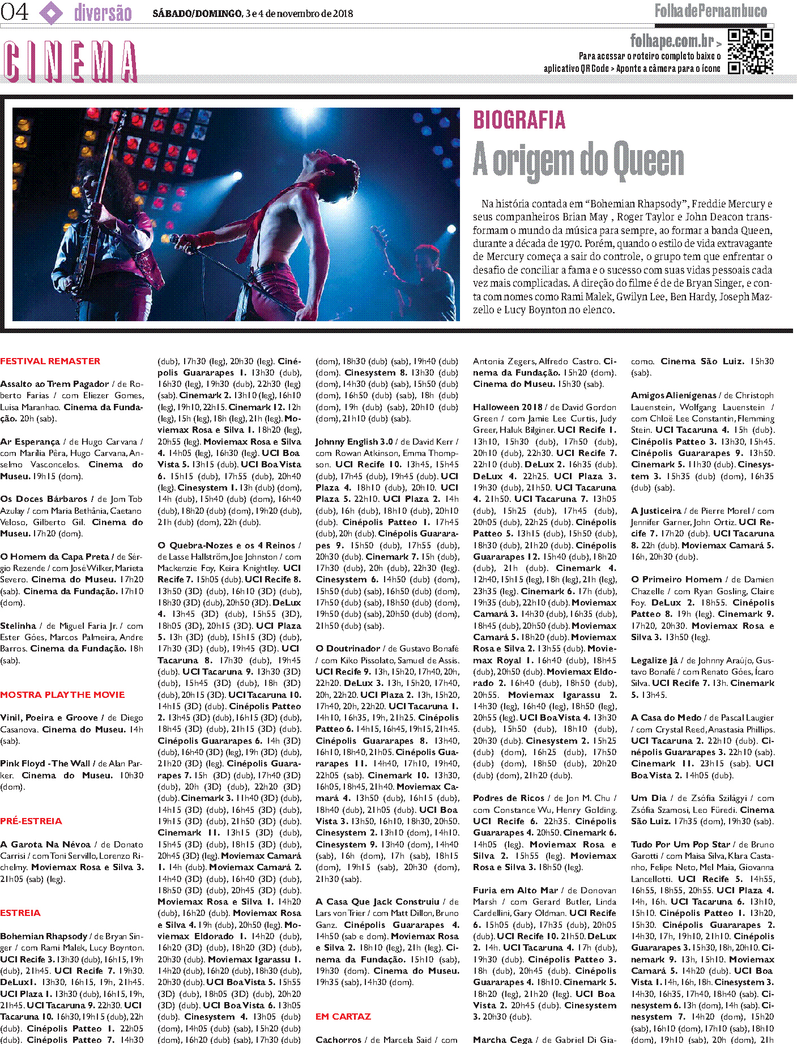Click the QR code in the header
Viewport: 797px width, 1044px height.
[751, 52]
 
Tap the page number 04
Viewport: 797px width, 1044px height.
[15, 12]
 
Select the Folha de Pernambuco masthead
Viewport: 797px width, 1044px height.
[710, 11]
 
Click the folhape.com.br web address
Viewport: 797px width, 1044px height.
[672, 41]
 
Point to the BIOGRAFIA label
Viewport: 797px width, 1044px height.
[519, 120]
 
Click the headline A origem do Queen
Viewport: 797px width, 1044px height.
[578, 160]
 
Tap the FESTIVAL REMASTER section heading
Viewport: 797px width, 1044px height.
[50, 361]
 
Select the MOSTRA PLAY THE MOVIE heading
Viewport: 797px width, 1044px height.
[62, 695]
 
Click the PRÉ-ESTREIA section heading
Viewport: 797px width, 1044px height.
[31, 821]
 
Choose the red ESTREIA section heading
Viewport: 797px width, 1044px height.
[20, 913]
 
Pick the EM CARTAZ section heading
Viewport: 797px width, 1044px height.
[343, 1017]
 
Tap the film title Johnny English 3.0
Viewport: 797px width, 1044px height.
[354, 442]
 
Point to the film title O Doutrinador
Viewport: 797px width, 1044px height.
[348, 649]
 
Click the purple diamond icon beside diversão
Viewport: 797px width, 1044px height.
[52, 12]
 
